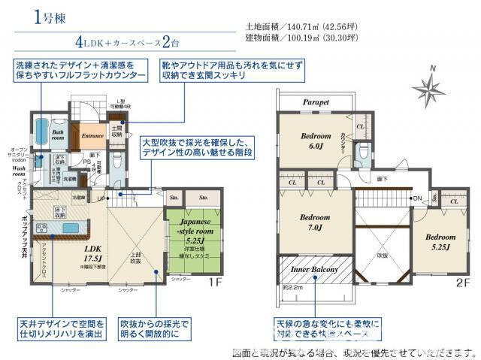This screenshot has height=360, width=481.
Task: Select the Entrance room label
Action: [x=92, y=136]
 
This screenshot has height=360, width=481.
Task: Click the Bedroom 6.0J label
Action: [x=312, y=141]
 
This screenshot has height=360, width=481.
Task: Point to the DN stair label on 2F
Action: [x=417, y=198]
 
